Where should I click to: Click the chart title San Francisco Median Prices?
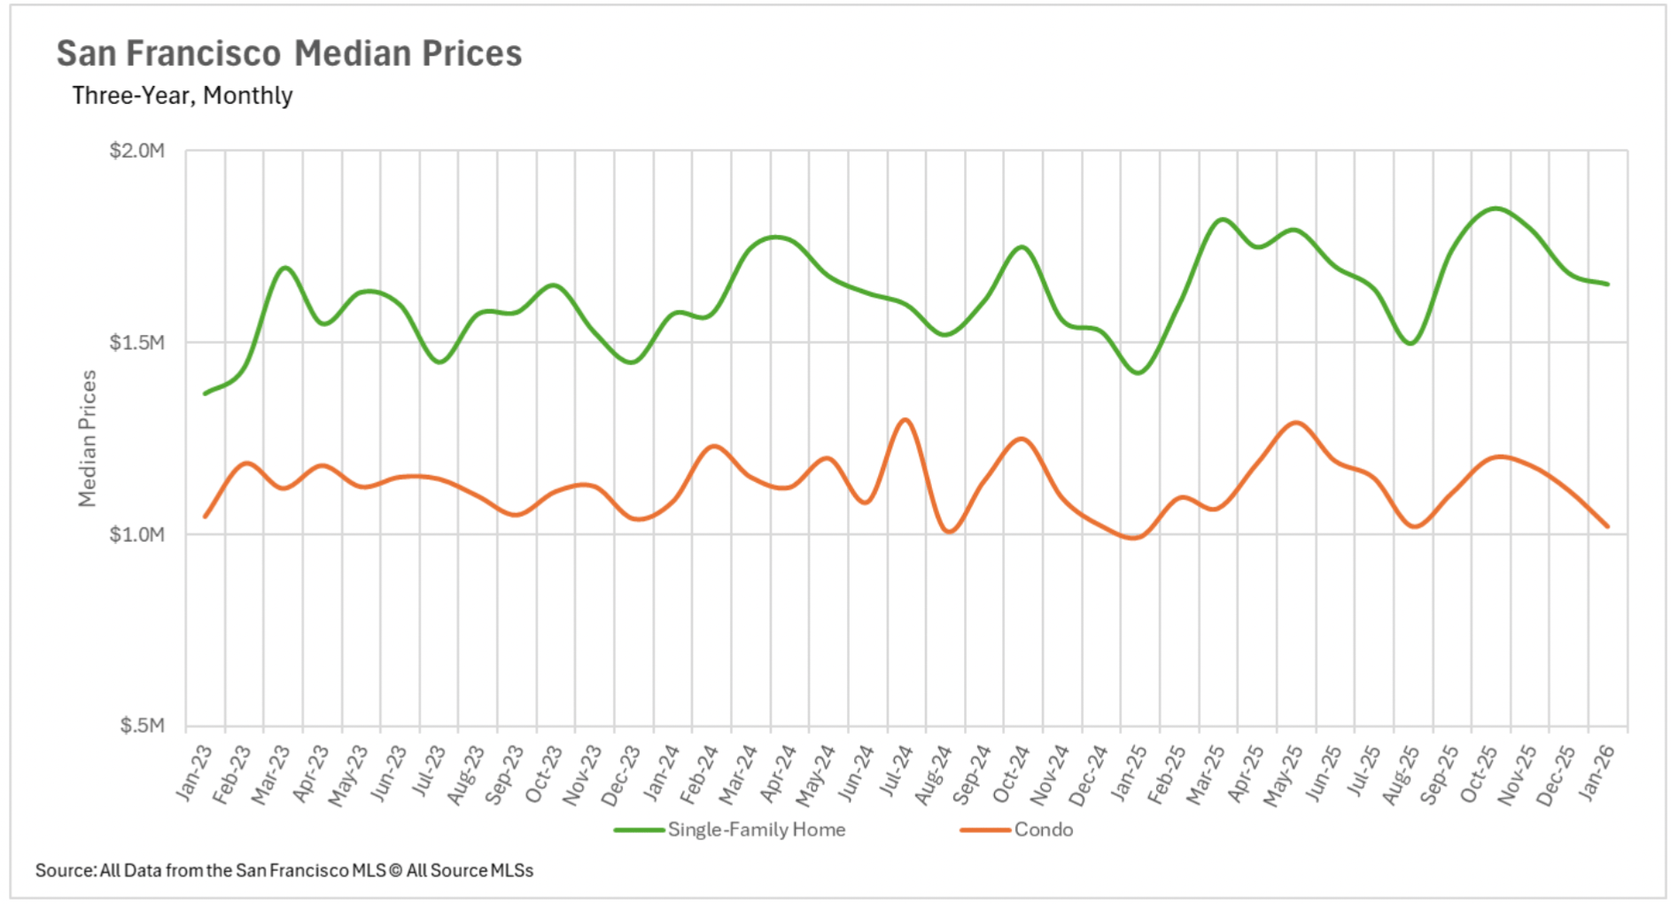(x=289, y=53)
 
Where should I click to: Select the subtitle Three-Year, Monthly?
(x=182, y=96)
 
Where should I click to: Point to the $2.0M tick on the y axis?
(x=137, y=151)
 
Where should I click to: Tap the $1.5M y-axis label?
(x=137, y=343)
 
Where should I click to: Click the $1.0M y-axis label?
(x=137, y=534)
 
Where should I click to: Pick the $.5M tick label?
(x=142, y=726)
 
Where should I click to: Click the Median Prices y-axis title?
(x=87, y=438)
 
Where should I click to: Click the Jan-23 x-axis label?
(x=195, y=773)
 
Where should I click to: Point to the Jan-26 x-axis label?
(x=1597, y=773)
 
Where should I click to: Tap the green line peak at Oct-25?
(x=1496, y=208)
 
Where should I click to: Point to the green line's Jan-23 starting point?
(x=206, y=394)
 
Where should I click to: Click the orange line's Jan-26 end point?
(x=1607, y=526)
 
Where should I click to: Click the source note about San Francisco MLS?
(x=284, y=870)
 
